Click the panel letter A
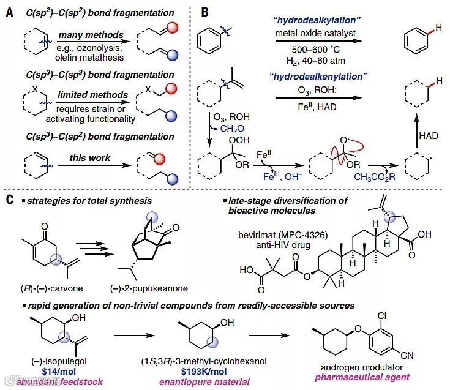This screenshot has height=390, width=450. (10, 12)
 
